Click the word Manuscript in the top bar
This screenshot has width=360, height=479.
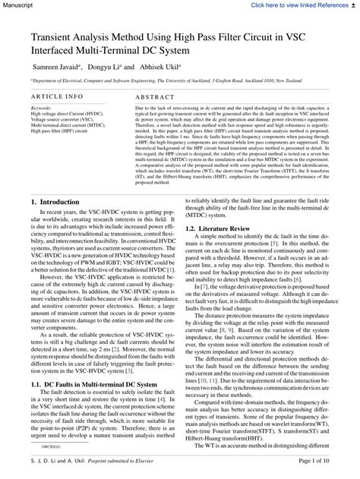pyautogui.click(x=18, y=5)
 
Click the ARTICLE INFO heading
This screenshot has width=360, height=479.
pyautogui.click(x=58, y=97)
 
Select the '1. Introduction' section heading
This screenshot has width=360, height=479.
pyautogui.click(x=55, y=203)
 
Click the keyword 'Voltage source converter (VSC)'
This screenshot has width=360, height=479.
pyautogui.click(x=65, y=119)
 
